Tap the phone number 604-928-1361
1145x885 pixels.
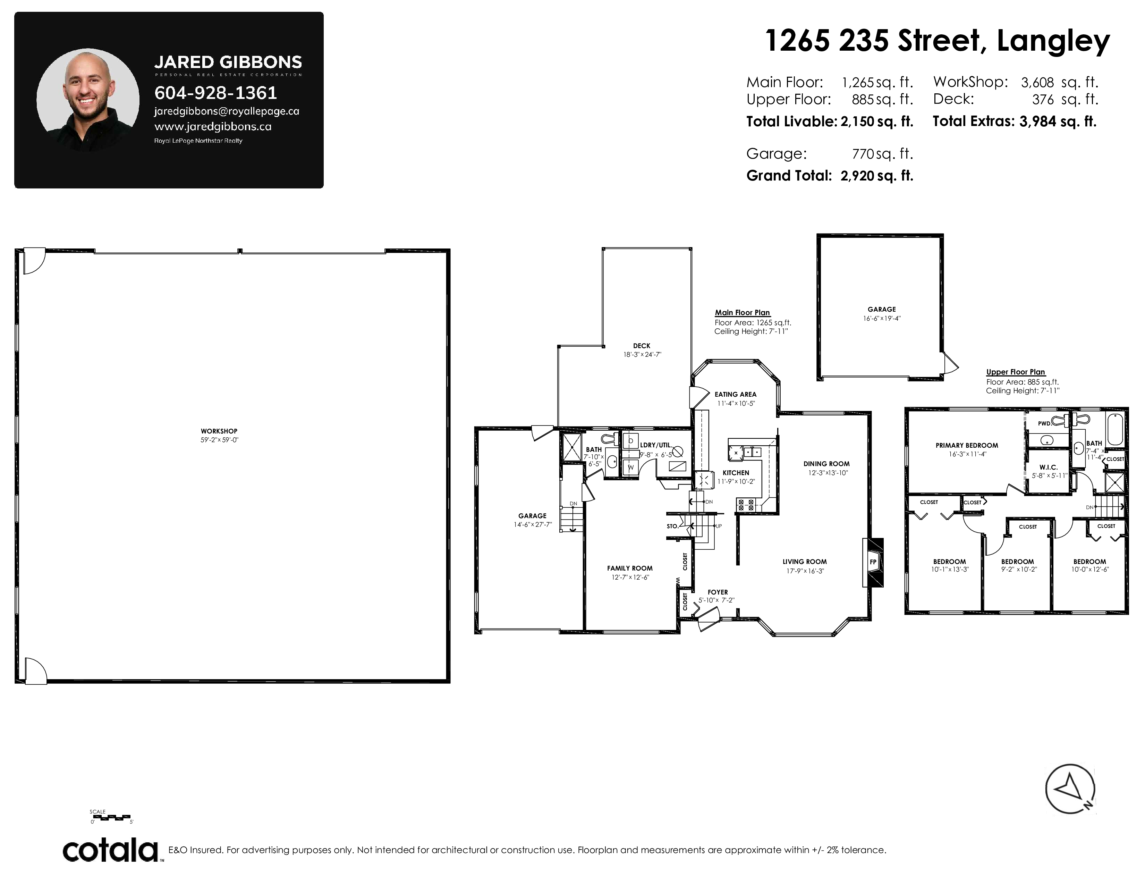point(215,93)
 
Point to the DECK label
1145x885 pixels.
point(642,346)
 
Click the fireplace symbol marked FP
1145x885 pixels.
point(873,562)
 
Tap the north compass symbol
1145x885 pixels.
point(1070,789)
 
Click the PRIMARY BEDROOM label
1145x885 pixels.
point(967,446)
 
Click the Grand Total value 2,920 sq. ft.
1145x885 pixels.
point(876,176)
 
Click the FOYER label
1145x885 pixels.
point(718,592)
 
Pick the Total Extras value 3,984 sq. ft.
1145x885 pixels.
point(1058,121)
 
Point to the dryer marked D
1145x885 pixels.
point(631,441)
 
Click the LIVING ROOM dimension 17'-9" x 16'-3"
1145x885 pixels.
point(805,571)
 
